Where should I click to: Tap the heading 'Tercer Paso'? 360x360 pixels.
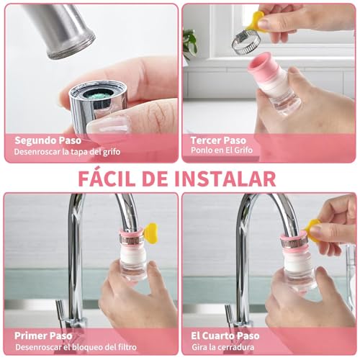point(218,140)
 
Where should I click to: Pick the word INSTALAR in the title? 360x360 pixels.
point(235,177)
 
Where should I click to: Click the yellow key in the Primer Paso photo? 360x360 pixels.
point(150,232)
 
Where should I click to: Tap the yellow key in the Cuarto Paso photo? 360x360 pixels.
point(313,228)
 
